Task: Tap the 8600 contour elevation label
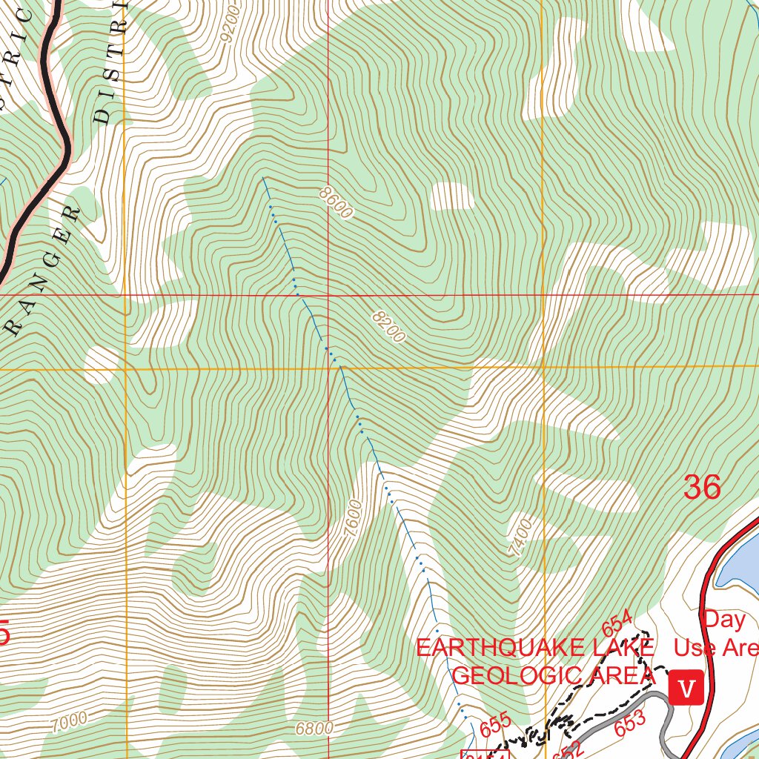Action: pos(336,202)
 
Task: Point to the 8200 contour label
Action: pos(389,327)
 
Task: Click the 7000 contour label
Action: pos(69,719)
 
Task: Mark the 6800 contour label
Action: pos(314,728)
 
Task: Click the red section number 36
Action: pos(701,488)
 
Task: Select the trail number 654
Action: pos(617,622)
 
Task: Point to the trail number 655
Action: pos(494,724)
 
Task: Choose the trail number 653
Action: pos(630,722)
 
